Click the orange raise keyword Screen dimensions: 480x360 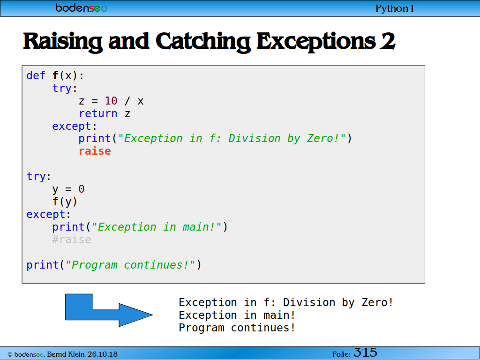coord(95,151)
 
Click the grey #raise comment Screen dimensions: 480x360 coord(72,240)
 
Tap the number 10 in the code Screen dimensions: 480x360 coord(111,101)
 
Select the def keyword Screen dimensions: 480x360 coord(36,75)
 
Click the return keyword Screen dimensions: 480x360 coord(98,113)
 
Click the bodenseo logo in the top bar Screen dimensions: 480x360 coord(81,7)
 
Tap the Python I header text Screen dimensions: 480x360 coord(395,8)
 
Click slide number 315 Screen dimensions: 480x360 coord(366,352)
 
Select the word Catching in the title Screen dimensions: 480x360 coord(203,42)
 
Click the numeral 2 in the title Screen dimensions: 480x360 coord(388,41)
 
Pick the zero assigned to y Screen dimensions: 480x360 coord(82,189)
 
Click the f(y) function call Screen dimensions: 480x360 coord(65,202)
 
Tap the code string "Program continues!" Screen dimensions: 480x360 coord(130,265)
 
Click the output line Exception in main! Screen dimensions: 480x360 coord(237,315)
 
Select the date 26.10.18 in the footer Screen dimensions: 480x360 coord(103,354)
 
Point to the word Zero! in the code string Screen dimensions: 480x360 coord(326,138)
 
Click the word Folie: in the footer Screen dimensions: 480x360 coord(341,354)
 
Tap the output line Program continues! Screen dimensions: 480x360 coord(237,328)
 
